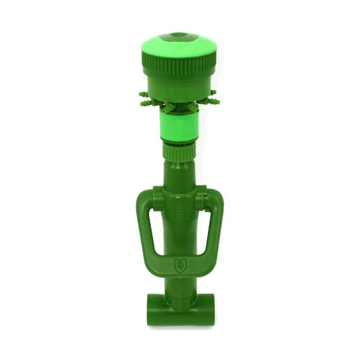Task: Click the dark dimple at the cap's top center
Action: [x=179, y=35]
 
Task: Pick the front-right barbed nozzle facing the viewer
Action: [x=192, y=107]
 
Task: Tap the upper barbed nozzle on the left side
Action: [x=143, y=95]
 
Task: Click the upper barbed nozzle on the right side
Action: [x=213, y=94]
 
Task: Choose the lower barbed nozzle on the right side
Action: [x=211, y=102]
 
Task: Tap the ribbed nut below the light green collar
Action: [x=179, y=151]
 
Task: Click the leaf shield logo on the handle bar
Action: [x=179, y=265]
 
